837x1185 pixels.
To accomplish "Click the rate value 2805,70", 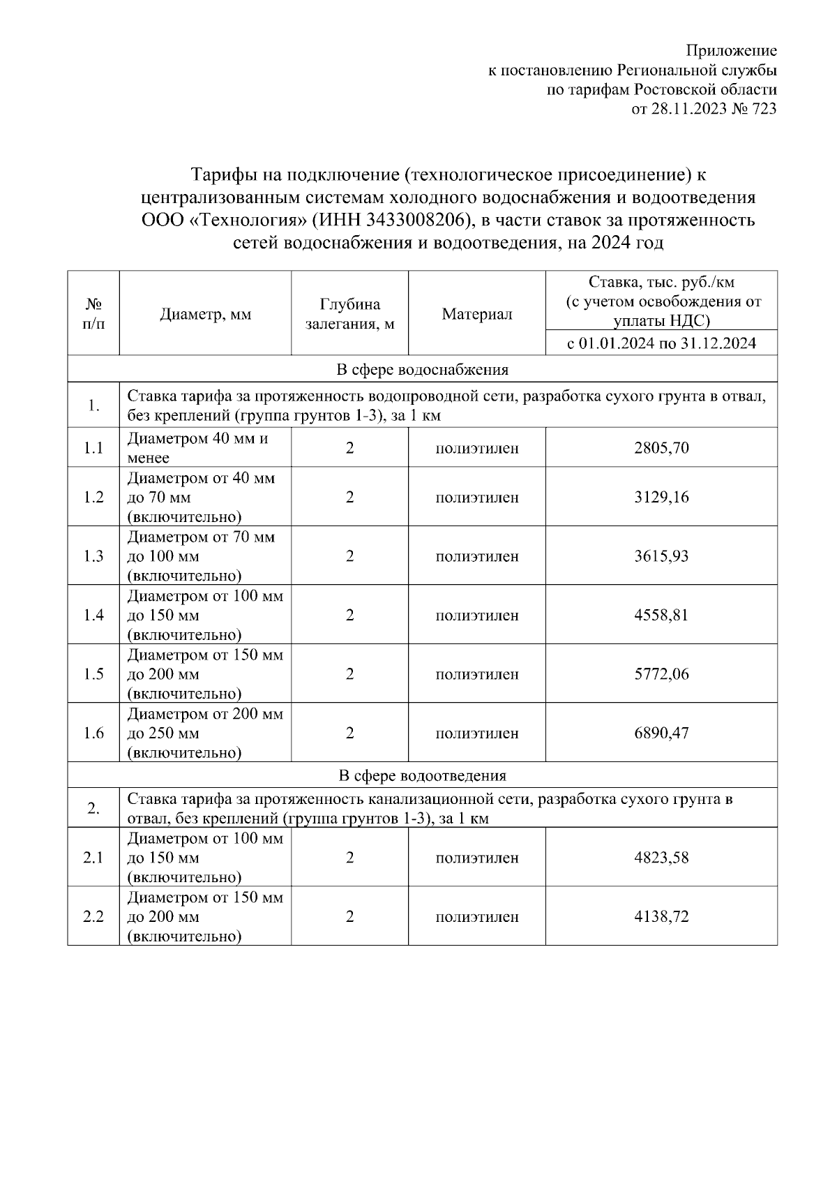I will pos(661,448).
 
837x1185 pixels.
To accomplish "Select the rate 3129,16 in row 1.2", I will pos(661,497).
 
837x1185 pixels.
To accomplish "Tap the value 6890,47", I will pos(661,733).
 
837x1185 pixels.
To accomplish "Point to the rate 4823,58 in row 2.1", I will pos(661,858).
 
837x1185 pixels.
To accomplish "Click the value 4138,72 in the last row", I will pos(661,916).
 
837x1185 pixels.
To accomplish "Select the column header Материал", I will pos(476,315).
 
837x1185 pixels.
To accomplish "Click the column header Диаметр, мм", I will pos(205,315).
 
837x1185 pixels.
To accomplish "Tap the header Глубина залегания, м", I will pos(349,315).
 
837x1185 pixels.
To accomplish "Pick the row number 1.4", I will pos(93,615).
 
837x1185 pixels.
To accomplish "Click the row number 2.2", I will pos(93,916).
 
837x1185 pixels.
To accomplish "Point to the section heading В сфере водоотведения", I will pos(422,775).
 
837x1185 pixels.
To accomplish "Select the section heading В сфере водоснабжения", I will pos(422,369).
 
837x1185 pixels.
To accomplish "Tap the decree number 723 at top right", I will pos(764,109).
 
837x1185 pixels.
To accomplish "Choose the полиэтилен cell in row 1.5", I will pos(476,674).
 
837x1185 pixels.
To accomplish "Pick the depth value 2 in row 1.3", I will pos(349,556).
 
